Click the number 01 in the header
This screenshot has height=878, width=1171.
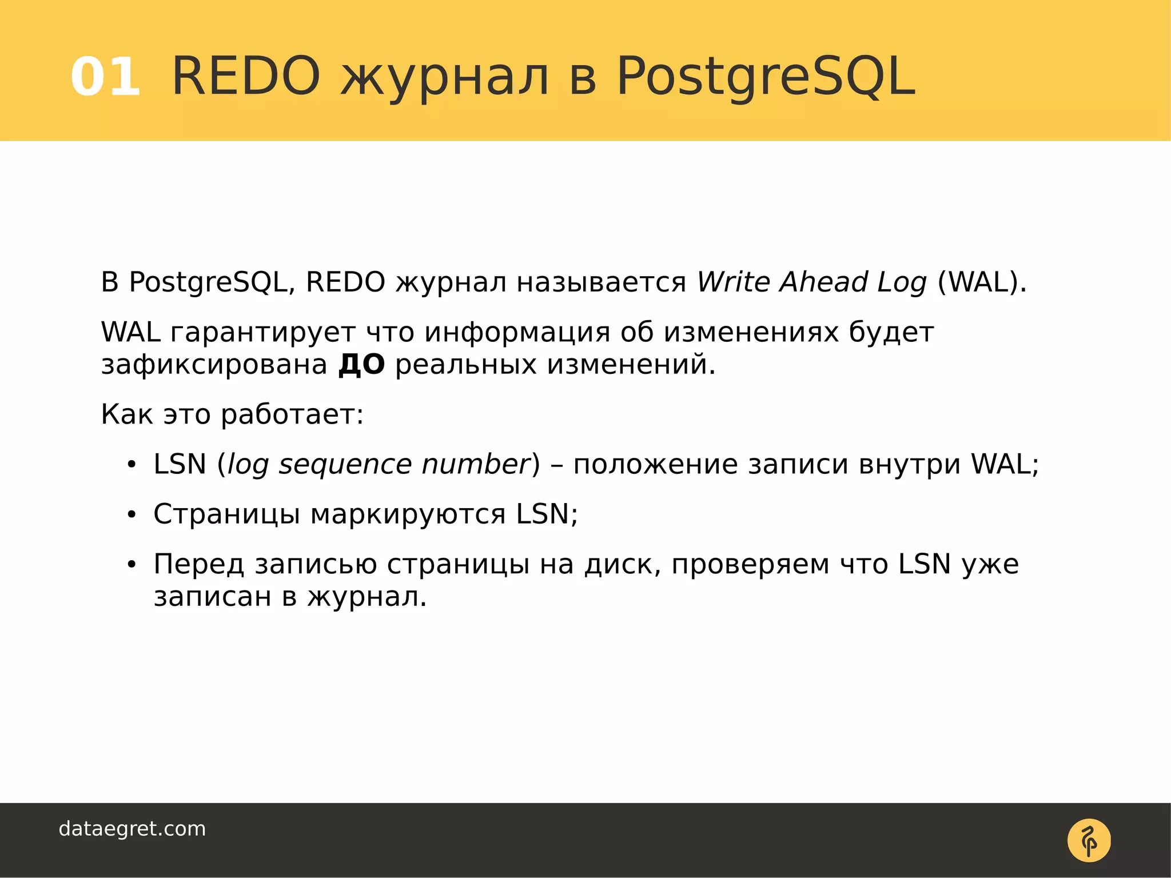pos(106,77)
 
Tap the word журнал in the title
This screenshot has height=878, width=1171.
pos(445,77)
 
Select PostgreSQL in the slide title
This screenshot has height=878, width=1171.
pos(766,77)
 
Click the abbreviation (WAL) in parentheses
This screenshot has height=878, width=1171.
pos(981,282)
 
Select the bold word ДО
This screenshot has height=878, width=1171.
pos(361,365)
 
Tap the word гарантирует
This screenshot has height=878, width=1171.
pos(262,333)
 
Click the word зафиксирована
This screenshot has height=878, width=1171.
pos(214,365)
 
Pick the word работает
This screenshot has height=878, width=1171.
pos(292,414)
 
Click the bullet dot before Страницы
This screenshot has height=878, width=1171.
pos(132,515)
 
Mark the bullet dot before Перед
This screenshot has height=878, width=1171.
pos(132,565)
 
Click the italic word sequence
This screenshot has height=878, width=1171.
pos(345,465)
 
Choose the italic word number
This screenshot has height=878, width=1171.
pos(476,465)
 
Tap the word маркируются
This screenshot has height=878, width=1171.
pos(408,514)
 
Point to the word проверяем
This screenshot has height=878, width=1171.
pos(750,565)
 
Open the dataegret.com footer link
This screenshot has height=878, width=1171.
pos(132,829)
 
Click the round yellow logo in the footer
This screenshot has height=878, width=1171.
pos(1089,840)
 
